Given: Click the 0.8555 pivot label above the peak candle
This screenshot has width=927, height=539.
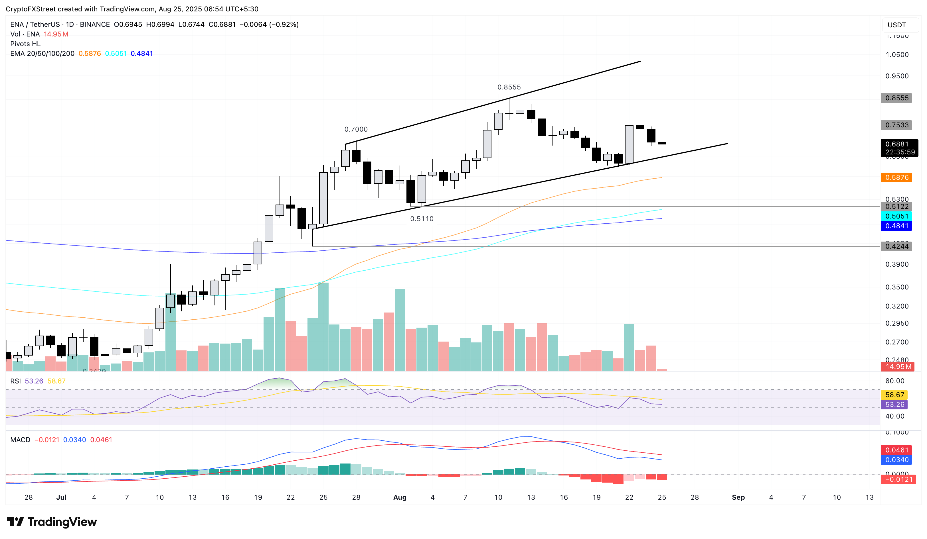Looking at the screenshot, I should pos(509,87).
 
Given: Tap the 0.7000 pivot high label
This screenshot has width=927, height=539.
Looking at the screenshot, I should pos(356,129).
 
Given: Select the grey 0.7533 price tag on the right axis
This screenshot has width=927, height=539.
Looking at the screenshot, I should pos(896,125).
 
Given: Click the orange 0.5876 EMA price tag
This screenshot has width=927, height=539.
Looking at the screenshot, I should pos(896,177).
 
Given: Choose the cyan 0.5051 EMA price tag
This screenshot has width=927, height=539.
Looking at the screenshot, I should pos(896,216).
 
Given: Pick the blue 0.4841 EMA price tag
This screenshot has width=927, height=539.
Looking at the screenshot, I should pos(896,226).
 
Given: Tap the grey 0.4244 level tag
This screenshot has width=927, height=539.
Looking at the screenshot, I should pos(896,246).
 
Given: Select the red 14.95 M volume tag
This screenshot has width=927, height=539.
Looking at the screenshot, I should pos(898,366).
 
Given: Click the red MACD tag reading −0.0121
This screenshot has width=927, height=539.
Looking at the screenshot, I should pos(898,479).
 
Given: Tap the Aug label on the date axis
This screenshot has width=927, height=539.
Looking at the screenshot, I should pos(400,497).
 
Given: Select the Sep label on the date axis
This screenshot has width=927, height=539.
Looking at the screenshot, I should pos(738,497).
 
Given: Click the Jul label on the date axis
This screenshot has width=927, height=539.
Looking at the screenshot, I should pos(61,497).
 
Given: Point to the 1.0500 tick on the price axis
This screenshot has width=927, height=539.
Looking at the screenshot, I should pos(896,55).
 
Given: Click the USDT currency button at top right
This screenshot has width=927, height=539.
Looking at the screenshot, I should pos(896,25).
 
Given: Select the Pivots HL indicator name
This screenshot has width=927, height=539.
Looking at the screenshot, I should pos(25,44).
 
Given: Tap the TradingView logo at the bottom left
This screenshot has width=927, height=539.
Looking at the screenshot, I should pos(52,522).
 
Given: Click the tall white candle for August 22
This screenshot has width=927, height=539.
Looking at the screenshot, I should pos(629,144).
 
